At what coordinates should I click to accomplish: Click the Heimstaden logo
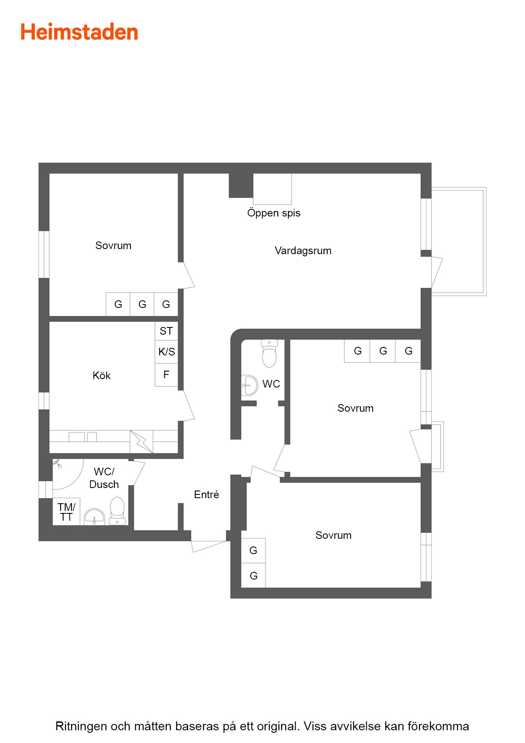point(79,32)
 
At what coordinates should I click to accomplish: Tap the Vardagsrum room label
point(303,251)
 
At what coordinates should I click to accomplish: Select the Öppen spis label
point(274,213)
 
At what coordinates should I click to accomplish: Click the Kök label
point(102,375)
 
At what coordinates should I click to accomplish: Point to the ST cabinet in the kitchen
point(166,331)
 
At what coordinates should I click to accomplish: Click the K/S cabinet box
point(166,352)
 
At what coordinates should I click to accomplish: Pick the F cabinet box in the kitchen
point(166,375)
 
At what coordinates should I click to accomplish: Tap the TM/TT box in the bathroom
point(66,512)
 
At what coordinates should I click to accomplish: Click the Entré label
point(207,494)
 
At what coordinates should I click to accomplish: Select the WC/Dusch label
point(104,478)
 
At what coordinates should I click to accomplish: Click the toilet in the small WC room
point(269,353)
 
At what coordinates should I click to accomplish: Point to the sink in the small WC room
point(249,385)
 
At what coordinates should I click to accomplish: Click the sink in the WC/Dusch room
point(94,517)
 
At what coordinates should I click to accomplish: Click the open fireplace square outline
point(272,189)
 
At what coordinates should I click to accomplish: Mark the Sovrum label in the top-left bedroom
point(113,246)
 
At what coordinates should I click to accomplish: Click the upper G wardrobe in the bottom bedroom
point(253,551)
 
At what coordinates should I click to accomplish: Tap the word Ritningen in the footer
point(81,726)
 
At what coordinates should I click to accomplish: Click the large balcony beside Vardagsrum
point(459,241)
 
